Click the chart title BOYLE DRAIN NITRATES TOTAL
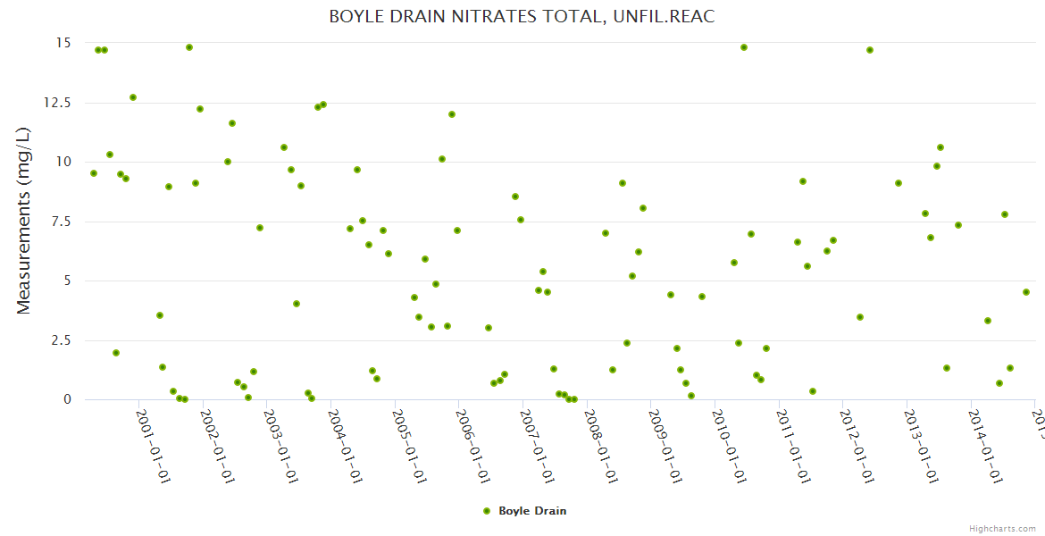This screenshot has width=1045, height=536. [x=522, y=17]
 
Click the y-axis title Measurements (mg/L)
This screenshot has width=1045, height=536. [x=24, y=221]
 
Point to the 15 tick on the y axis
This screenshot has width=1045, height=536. [x=63, y=43]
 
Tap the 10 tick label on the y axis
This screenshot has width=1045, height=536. [x=63, y=162]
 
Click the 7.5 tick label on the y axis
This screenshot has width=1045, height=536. [x=59, y=222]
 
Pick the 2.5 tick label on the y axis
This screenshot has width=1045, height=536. [x=59, y=340]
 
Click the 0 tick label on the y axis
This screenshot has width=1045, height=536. [x=66, y=400]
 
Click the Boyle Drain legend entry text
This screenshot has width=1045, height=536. [x=532, y=511]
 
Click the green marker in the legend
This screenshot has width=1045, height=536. [x=487, y=511]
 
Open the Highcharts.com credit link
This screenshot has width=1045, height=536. [x=1002, y=528]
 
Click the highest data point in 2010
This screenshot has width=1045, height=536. [x=744, y=47]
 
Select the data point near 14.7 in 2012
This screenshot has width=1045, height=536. [x=870, y=50]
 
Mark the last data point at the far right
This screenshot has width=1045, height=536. [x=1026, y=292]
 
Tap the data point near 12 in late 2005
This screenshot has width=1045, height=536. [x=452, y=114]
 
